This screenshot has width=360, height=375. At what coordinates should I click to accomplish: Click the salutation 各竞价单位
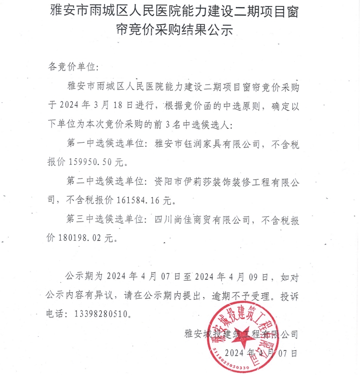[x=73, y=67]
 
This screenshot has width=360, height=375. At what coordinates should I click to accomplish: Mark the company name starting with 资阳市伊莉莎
[x=227, y=181]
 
